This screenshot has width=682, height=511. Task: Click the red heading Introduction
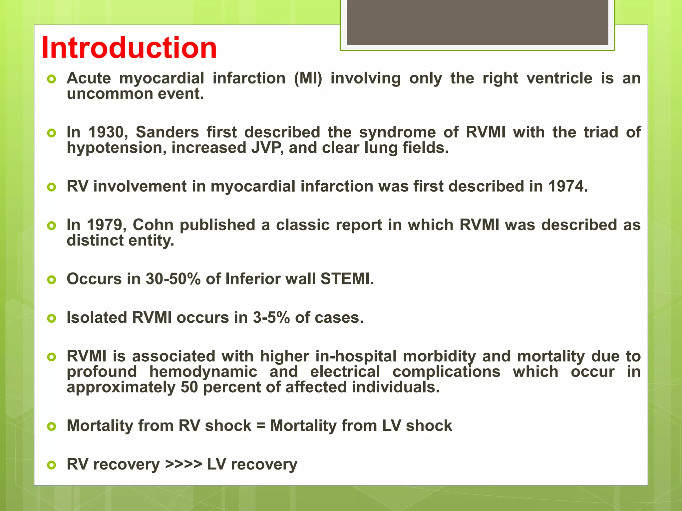pyautogui.click(x=129, y=48)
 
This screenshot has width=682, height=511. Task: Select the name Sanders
pyautogui.click(x=167, y=132)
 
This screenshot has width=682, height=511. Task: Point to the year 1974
pyautogui.click(x=567, y=186)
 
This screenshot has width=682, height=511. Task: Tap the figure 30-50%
pyautogui.click(x=173, y=279)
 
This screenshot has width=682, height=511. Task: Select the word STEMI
pyautogui.click(x=347, y=279)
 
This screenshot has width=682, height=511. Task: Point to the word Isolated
pyautogui.click(x=97, y=318)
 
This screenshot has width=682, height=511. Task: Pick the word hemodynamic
pyautogui.click(x=203, y=372)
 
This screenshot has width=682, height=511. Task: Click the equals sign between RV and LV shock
pyautogui.click(x=261, y=426)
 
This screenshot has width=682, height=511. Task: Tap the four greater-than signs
pyautogui.click(x=183, y=464)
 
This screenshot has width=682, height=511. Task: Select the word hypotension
pyautogui.click(x=117, y=148)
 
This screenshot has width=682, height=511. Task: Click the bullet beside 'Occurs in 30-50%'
pyautogui.click(x=52, y=280)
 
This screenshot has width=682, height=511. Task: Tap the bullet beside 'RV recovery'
pyautogui.click(x=52, y=465)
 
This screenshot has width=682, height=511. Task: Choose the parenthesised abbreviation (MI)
pyautogui.click(x=308, y=79)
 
